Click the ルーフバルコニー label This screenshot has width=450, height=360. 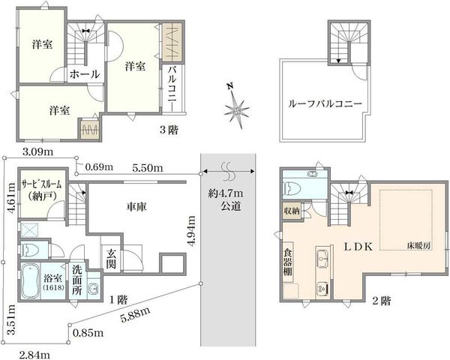(x=326, y=103)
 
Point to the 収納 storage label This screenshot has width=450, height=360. (x=292, y=211)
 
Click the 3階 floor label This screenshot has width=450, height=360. (x=168, y=128)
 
